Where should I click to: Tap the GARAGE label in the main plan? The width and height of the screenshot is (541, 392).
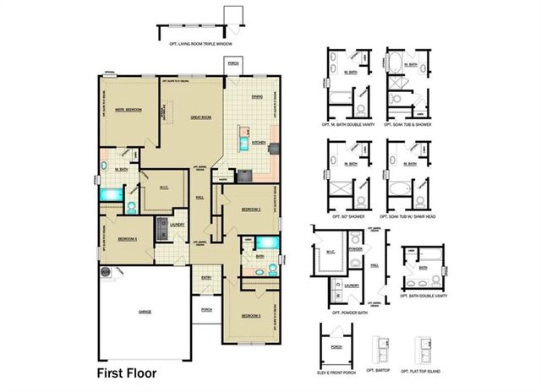[145, 312]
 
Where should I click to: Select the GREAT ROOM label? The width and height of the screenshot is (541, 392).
[200, 117]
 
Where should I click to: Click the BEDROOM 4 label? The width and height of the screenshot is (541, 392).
[128, 239]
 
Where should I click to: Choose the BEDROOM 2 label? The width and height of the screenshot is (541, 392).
[250, 208]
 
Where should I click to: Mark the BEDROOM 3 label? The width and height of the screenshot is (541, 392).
[250, 316]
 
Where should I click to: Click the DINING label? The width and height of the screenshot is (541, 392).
[257, 96]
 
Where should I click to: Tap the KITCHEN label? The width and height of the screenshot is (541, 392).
[259, 143]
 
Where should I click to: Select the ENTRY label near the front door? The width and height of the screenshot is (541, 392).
[206, 277]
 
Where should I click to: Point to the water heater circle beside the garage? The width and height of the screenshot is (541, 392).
[107, 272]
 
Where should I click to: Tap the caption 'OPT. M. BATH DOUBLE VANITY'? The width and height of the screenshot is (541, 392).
[347, 124]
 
